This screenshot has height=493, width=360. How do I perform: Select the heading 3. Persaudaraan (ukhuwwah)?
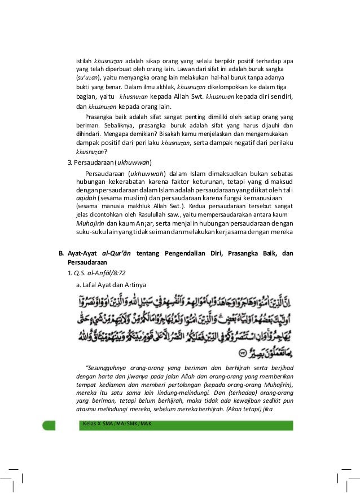[x=106, y=164]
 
